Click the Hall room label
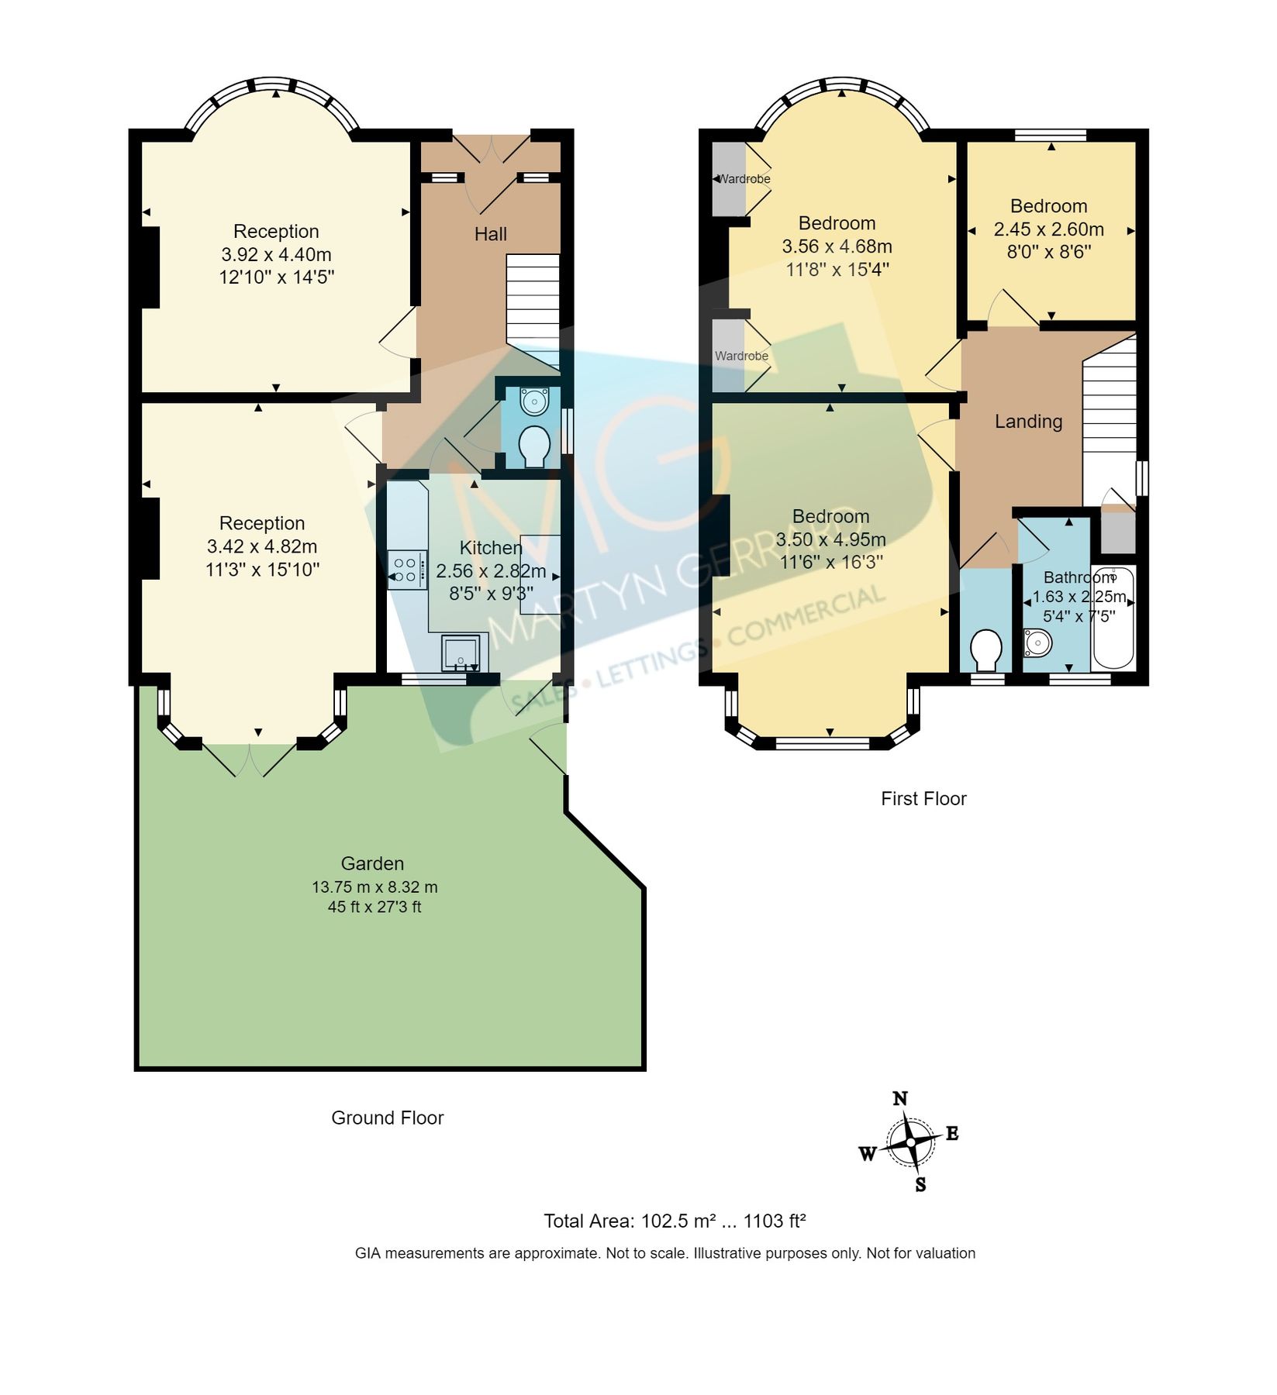tap(490, 234)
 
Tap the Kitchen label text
tap(490, 548)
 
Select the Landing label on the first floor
tap(1028, 422)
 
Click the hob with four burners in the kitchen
tap(407, 570)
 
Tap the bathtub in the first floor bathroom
tap(1113, 618)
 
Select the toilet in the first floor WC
tap(985, 649)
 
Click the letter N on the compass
tap(900, 1098)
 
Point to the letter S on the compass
tap(920, 1185)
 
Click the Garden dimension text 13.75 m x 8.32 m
tap(374, 887)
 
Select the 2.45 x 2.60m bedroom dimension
tap(1048, 229)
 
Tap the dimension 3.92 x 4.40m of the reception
tap(276, 254)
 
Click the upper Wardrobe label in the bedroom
tap(744, 179)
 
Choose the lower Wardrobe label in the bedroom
tap(741, 356)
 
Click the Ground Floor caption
tap(387, 1118)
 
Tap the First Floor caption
tap(923, 799)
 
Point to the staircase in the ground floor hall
tap(533, 310)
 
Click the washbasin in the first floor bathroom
tap(1037, 642)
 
